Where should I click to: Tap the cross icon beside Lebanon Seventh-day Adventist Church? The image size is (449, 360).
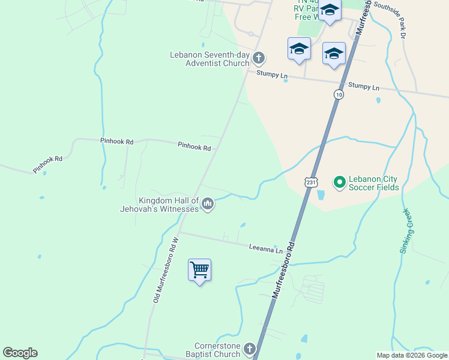(259, 58)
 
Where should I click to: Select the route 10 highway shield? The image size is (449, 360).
(339, 95)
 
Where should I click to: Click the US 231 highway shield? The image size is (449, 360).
(310, 182)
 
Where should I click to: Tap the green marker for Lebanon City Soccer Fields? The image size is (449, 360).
(339, 181)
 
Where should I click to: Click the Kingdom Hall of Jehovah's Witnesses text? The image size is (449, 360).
(168, 205)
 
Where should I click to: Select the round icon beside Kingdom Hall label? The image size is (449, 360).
(208, 205)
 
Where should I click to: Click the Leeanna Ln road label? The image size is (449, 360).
(266, 247)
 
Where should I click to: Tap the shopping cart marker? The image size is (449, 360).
(199, 270)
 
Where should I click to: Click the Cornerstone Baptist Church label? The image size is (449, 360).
(217, 350)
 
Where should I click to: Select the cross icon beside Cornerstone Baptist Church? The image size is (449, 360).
(250, 349)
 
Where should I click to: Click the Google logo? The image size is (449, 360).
(20, 353)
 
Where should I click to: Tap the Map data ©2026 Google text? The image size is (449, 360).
(411, 355)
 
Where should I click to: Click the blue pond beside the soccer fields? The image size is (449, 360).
(320, 195)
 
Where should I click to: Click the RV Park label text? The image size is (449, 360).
(309, 9)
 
